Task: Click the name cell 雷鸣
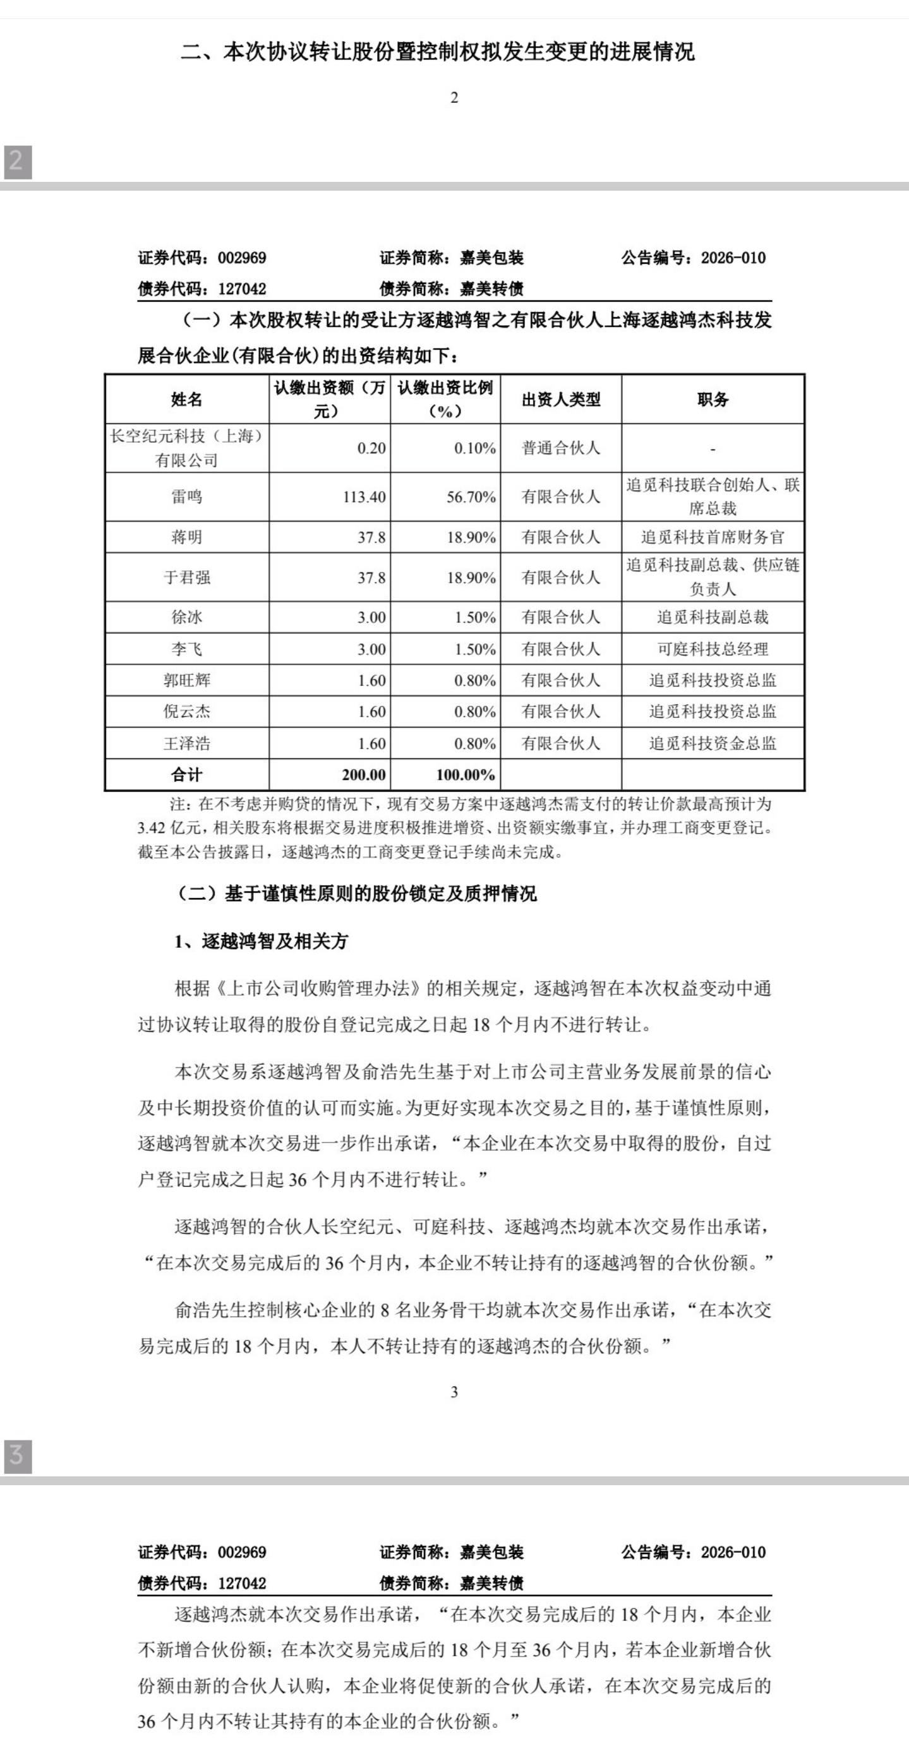pos(186,497)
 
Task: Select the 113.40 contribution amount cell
pos(364,497)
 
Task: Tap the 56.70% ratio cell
pos(471,497)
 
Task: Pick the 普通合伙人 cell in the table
pos(560,448)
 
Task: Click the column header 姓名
pos(186,399)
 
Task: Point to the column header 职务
pos(713,399)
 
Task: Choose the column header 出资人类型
pos(560,399)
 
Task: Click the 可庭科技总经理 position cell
pos(713,649)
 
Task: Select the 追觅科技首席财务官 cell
pos(713,537)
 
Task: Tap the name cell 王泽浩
pos(186,743)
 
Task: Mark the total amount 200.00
pos(363,775)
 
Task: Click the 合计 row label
pos(186,775)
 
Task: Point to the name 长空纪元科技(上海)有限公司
pos(186,448)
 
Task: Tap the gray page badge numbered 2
pos(18,161)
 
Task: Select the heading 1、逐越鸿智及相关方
pos(261,941)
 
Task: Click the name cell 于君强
pos(186,578)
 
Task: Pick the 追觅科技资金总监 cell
pos(713,743)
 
